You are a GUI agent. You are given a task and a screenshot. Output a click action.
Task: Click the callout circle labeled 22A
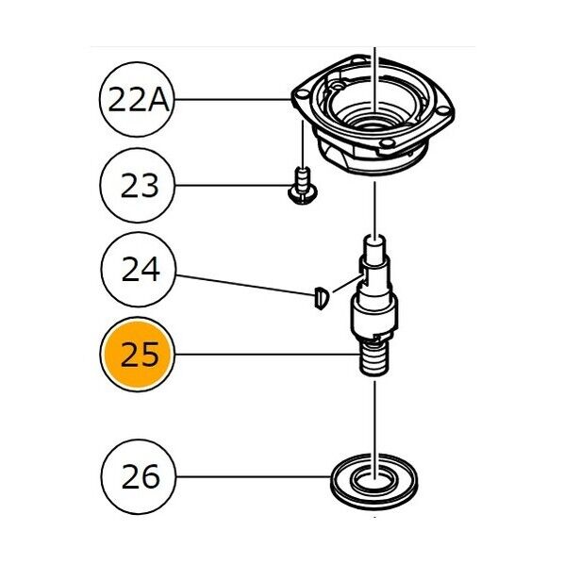point(137,100)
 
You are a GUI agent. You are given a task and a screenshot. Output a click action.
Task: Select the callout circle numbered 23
point(138,186)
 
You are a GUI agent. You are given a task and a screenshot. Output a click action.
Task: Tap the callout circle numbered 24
point(139,270)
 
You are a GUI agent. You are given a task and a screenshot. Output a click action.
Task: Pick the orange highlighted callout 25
point(138,355)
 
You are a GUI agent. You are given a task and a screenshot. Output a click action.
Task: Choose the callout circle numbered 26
point(139,477)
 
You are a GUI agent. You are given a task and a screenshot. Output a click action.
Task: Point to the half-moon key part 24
point(322,298)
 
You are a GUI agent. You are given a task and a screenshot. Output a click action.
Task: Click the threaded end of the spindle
point(374,358)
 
